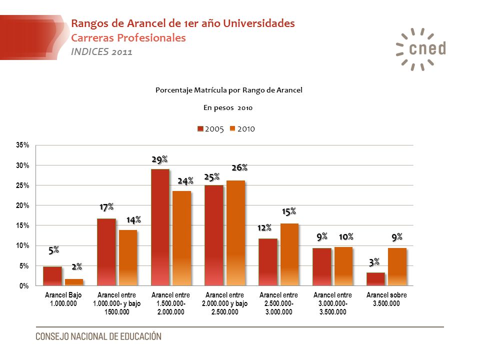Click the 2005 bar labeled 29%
coord(160,227)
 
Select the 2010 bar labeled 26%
coord(235,233)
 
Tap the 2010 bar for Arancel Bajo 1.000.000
coord(74,282)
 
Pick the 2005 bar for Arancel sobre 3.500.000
coord(375,279)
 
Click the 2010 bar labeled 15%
coord(289,254)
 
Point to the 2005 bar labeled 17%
coord(106,252)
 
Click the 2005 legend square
coord(200,129)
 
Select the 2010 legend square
coord(232,129)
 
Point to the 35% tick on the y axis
coord(22,145)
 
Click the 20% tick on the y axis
coord(22,205)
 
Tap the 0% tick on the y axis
coord(24,286)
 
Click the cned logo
coord(421,49)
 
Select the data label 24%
coord(185,181)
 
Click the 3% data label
coord(374,262)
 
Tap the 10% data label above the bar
coord(346,236)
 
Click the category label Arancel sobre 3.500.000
coord(386,299)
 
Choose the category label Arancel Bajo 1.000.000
coord(63,299)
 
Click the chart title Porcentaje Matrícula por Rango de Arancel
coord(229,90)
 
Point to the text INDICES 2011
coord(101,51)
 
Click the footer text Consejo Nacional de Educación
coord(98,336)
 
